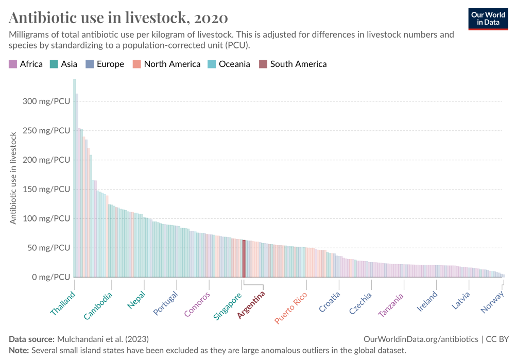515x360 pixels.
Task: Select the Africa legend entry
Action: (26, 64)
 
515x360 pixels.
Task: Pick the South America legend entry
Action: (293, 64)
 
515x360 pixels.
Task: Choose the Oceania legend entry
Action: (229, 64)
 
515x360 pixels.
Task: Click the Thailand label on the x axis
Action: (63, 304)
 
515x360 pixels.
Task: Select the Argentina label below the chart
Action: (251, 305)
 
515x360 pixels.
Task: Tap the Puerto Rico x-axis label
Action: (291, 308)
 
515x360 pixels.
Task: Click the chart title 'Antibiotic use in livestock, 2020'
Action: (118, 18)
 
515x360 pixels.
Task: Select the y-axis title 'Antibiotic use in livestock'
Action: (14, 178)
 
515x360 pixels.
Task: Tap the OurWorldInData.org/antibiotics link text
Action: (421, 339)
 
